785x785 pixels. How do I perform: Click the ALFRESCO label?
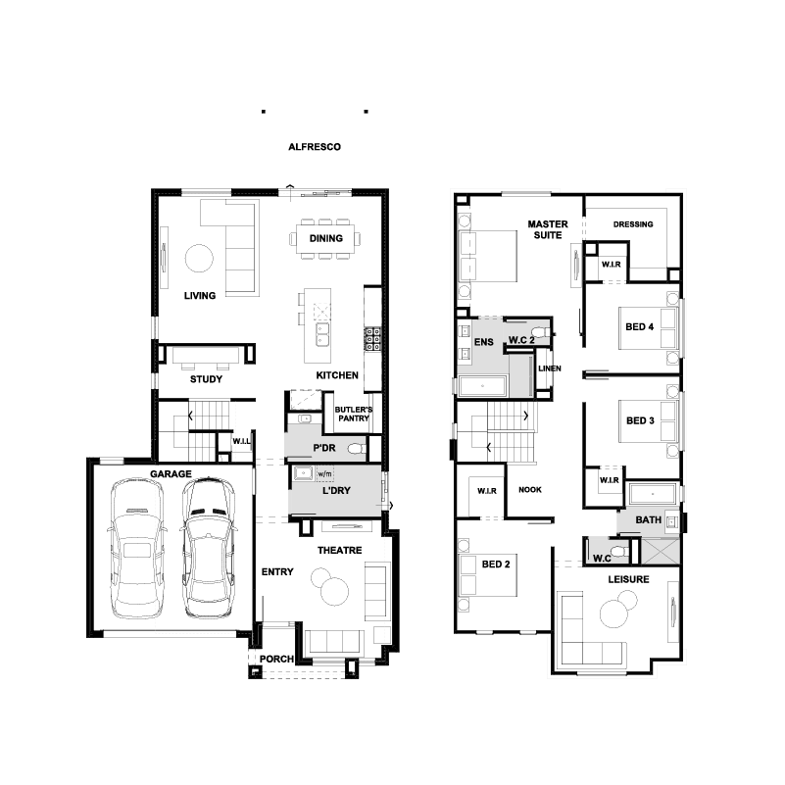315,147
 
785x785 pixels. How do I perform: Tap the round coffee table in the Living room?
199,259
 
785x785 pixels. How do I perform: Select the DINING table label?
326,238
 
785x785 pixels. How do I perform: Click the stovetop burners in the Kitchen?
372,339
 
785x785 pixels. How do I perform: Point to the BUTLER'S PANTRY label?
354,414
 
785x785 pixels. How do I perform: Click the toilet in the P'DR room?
357,448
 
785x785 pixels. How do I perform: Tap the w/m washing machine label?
324,473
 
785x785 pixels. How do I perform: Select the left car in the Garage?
136,548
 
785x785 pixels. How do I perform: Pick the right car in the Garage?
208,547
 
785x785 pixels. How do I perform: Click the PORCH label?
276,659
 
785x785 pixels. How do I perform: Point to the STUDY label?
206,379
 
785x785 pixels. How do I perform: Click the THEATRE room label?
339,550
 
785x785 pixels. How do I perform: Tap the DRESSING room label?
633,224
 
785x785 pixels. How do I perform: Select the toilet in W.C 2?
540,332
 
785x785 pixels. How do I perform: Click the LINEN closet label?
549,368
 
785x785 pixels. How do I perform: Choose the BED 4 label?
639,327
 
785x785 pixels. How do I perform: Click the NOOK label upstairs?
529,490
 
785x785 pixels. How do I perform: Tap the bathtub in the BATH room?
653,494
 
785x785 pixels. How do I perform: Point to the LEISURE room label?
628,579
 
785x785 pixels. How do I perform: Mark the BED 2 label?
496,564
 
